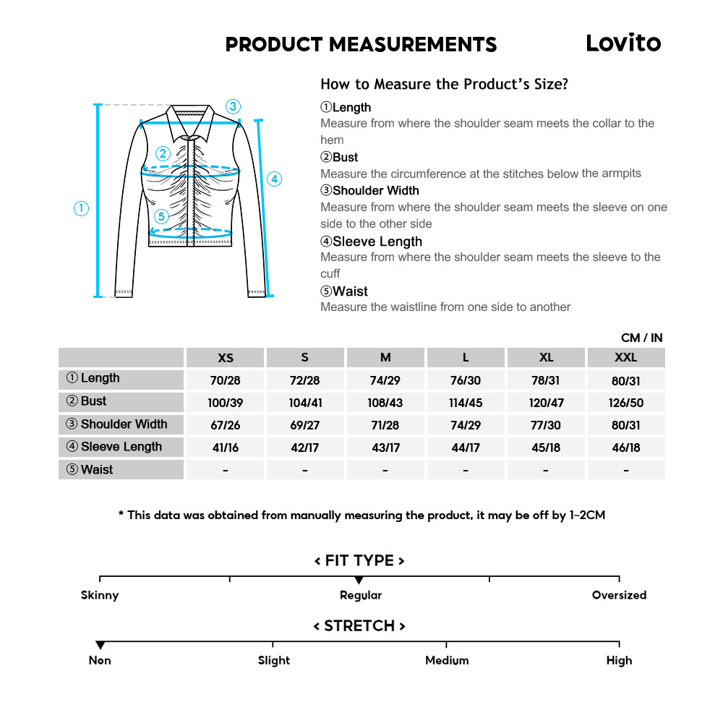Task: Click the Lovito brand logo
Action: pyautogui.click(x=623, y=43)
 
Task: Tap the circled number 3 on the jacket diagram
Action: pyautogui.click(x=232, y=106)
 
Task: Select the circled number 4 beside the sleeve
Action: pyautogui.click(x=274, y=179)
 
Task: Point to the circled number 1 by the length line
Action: pyautogui.click(x=82, y=208)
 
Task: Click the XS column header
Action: pyautogui.click(x=226, y=358)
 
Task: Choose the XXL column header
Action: pyautogui.click(x=625, y=358)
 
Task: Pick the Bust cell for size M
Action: pyautogui.click(x=385, y=403)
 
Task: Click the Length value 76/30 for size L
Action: pyautogui.click(x=466, y=380)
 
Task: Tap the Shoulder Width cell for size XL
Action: pyautogui.click(x=546, y=425)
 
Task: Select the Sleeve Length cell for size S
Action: pyautogui.click(x=305, y=448)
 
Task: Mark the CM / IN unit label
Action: pyautogui.click(x=641, y=338)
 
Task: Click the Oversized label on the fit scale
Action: pyautogui.click(x=619, y=596)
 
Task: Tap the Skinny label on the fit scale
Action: pyautogui.click(x=100, y=596)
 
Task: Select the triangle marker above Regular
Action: pyautogui.click(x=359, y=580)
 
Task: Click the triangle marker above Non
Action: pyautogui.click(x=100, y=645)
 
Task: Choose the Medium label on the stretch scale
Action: pyautogui.click(x=447, y=660)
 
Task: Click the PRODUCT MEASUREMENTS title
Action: pyautogui.click(x=361, y=45)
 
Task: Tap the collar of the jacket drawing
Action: pyautogui.click(x=192, y=121)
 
